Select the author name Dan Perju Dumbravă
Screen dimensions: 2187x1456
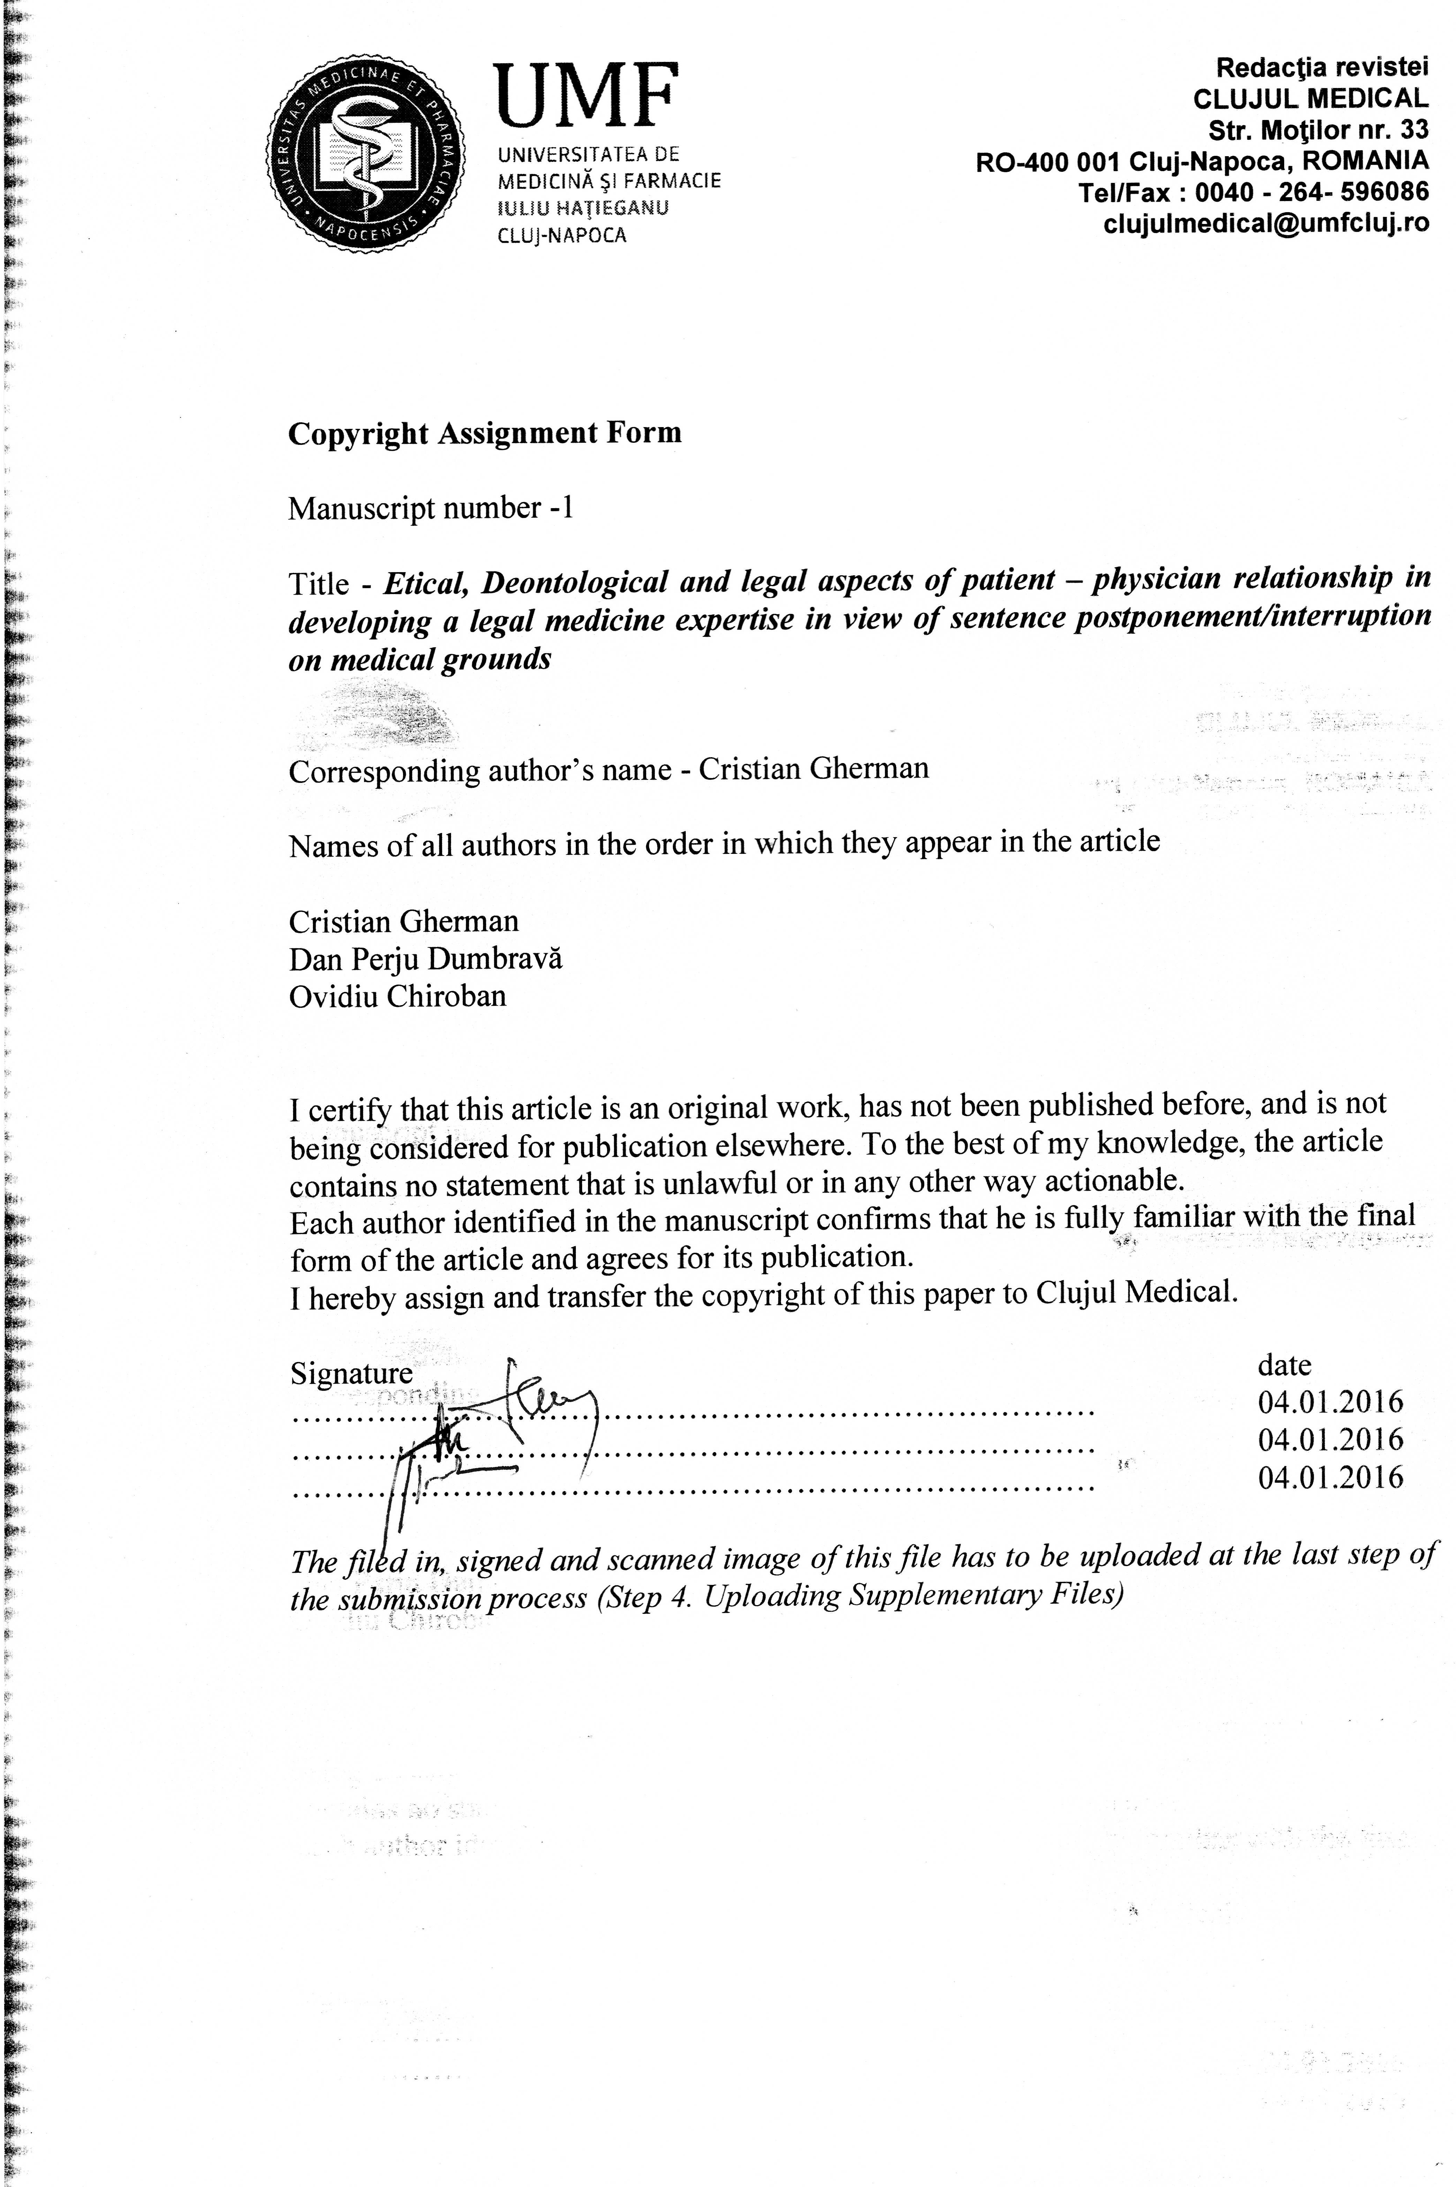tap(425, 959)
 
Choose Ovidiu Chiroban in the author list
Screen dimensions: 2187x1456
tap(397, 996)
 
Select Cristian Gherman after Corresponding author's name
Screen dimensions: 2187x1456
tap(813, 769)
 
